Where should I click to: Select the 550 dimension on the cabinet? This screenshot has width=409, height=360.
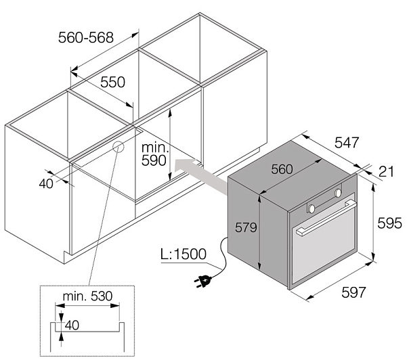click(x=113, y=82)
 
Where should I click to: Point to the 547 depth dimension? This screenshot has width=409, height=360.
click(x=346, y=143)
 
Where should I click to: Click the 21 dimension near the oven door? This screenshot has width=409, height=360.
click(x=386, y=172)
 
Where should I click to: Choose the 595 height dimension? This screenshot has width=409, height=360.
click(x=390, y=223)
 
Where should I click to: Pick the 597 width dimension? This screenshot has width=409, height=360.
click(x=353, y=292)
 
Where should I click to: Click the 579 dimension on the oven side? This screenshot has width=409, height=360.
click(x=245, y=228)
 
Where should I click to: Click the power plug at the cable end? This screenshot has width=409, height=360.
click(x=203, y=279)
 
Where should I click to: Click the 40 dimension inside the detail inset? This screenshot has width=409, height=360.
click(x=71, y=325)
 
